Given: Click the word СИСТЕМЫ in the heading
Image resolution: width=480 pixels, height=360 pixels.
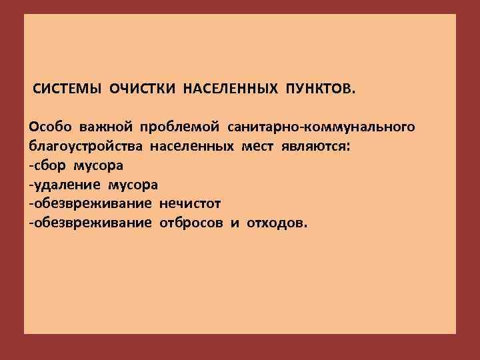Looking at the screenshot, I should tap(63, 89).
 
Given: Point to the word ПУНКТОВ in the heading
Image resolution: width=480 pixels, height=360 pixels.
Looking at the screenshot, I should tap(321, 89).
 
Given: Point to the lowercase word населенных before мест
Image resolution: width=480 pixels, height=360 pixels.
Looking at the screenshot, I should tap(191, 145).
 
